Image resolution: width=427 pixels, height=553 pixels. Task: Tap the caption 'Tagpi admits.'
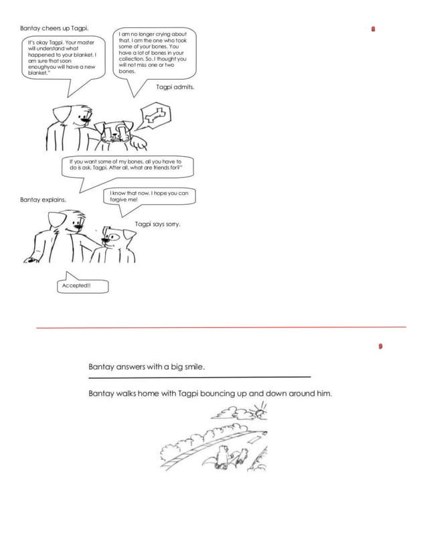(175, 86)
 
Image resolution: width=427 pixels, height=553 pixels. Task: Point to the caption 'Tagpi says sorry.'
(157, 224)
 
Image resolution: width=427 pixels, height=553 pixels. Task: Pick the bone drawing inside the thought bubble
(156, 116)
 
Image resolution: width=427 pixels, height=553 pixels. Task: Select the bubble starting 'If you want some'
(126, 165)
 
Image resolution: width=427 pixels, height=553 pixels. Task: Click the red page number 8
(373, 29)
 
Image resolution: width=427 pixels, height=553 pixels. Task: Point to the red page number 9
(380, 346)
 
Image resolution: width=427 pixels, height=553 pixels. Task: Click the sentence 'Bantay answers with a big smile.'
(147, 367)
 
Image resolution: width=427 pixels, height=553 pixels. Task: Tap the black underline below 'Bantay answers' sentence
(199, 378)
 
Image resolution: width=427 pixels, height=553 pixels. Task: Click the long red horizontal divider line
(221, 327)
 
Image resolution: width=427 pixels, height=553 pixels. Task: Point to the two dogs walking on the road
(226, 457)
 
